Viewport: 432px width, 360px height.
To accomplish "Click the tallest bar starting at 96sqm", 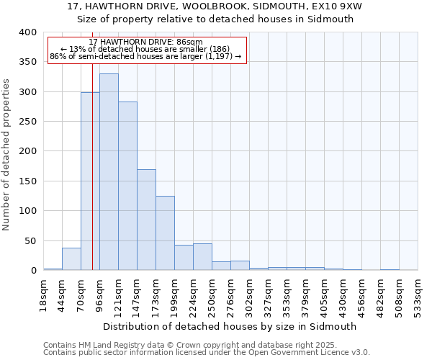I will pos(109,172).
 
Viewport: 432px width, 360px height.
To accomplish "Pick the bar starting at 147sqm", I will pos(146,220).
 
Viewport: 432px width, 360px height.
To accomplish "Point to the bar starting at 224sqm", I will pos(202,257).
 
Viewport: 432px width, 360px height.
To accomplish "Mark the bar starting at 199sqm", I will pos(184,258).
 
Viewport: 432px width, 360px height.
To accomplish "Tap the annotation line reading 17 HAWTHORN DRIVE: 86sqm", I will pos(147,42).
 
